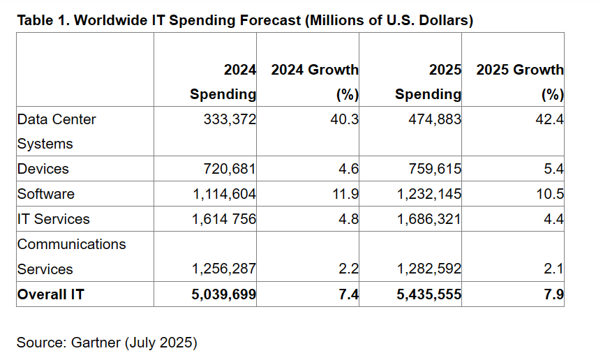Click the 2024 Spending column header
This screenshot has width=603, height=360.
223,82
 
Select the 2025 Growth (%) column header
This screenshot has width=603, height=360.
519,82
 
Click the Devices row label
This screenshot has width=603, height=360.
43,169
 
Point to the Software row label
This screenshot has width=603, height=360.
45,194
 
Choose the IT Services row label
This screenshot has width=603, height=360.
53,219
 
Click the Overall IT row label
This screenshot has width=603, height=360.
50,294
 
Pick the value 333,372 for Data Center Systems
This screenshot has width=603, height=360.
230,119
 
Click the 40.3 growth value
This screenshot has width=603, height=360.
345,119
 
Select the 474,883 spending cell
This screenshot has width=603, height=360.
434,119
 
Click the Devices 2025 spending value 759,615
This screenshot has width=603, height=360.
434,169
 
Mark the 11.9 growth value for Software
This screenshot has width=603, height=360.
345,194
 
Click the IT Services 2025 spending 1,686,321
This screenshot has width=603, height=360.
428,219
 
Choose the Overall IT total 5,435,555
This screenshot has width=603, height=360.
428,294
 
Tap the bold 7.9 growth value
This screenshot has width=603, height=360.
553,294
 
